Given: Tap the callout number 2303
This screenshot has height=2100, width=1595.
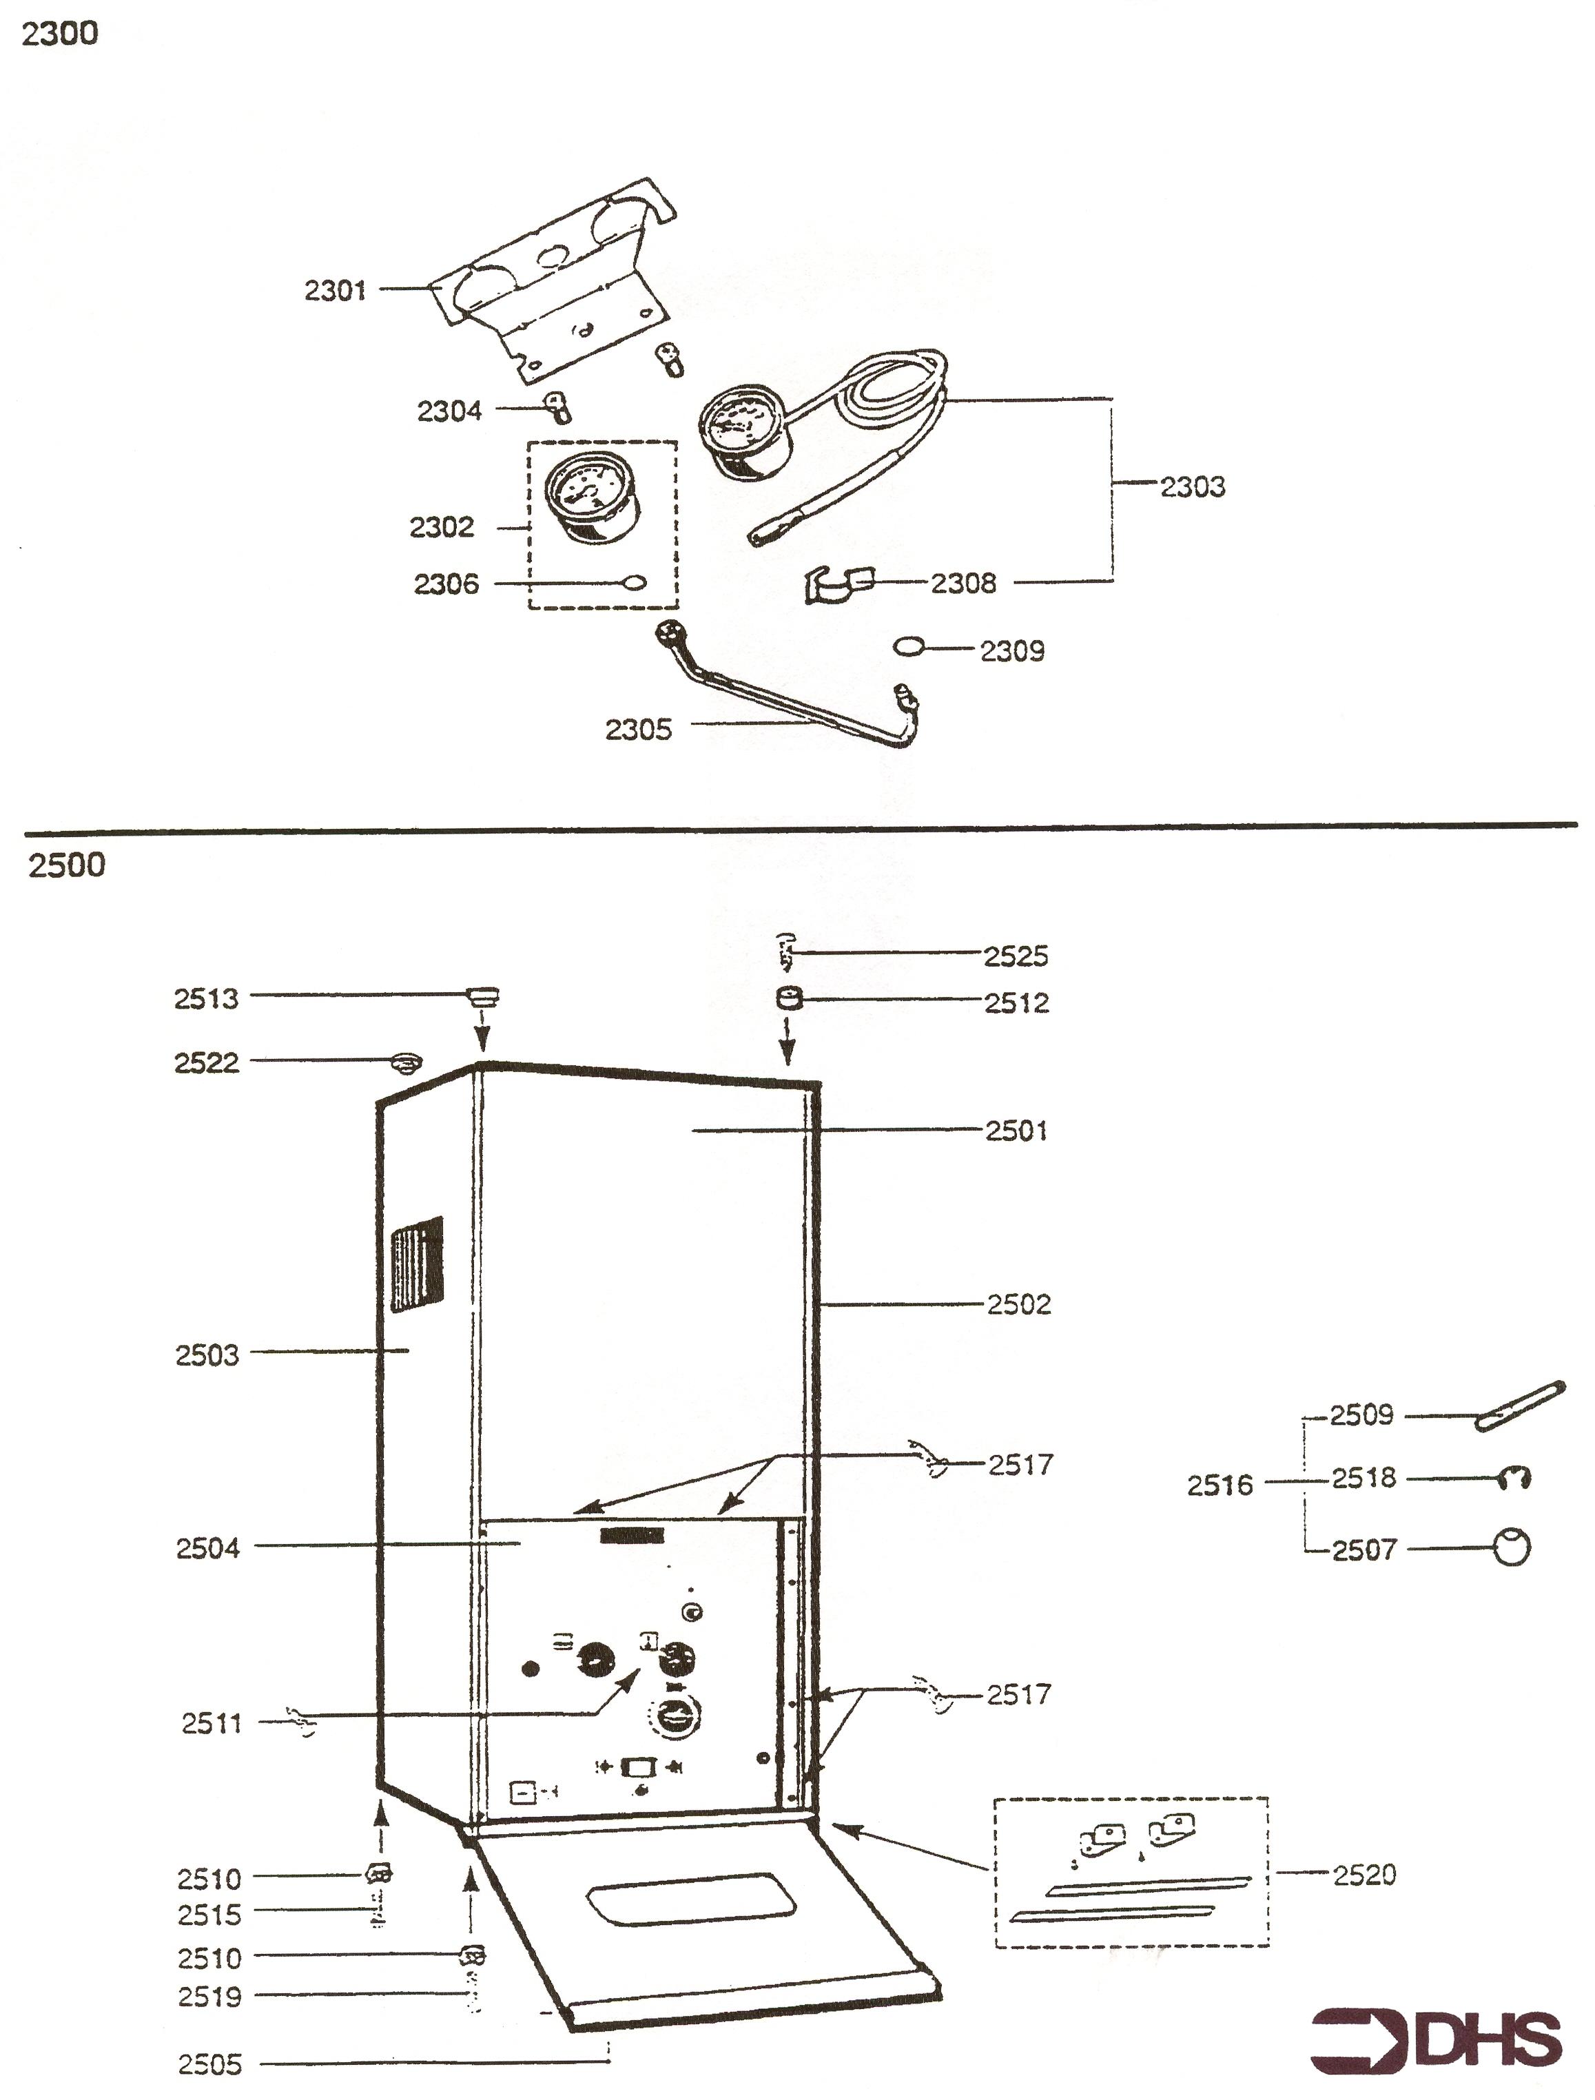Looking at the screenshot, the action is coord(1193,486).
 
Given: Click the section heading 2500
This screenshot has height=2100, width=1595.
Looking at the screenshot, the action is coord(66,866).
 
